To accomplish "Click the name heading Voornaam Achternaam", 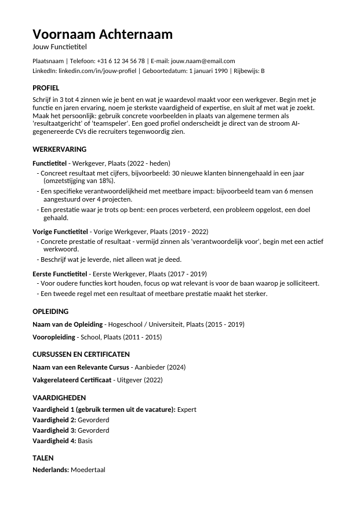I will click(103, 34).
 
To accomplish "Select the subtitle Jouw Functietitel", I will click(59, 46).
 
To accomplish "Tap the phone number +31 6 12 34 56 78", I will click(121, 61).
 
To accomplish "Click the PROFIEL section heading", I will click(46, 88).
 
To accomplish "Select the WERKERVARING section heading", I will click(59, 149).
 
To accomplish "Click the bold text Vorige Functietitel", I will click(60, 232).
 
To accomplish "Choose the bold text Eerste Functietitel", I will click(60, 273).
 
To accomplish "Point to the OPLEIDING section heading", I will click(50, 311).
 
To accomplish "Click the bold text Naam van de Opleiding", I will click(68, 324).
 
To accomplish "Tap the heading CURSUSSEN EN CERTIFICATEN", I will click(81, 354).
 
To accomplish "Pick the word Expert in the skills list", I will click(187, 410).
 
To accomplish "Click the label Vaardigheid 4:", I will click(54, 441).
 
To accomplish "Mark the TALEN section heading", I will click(43, 458).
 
